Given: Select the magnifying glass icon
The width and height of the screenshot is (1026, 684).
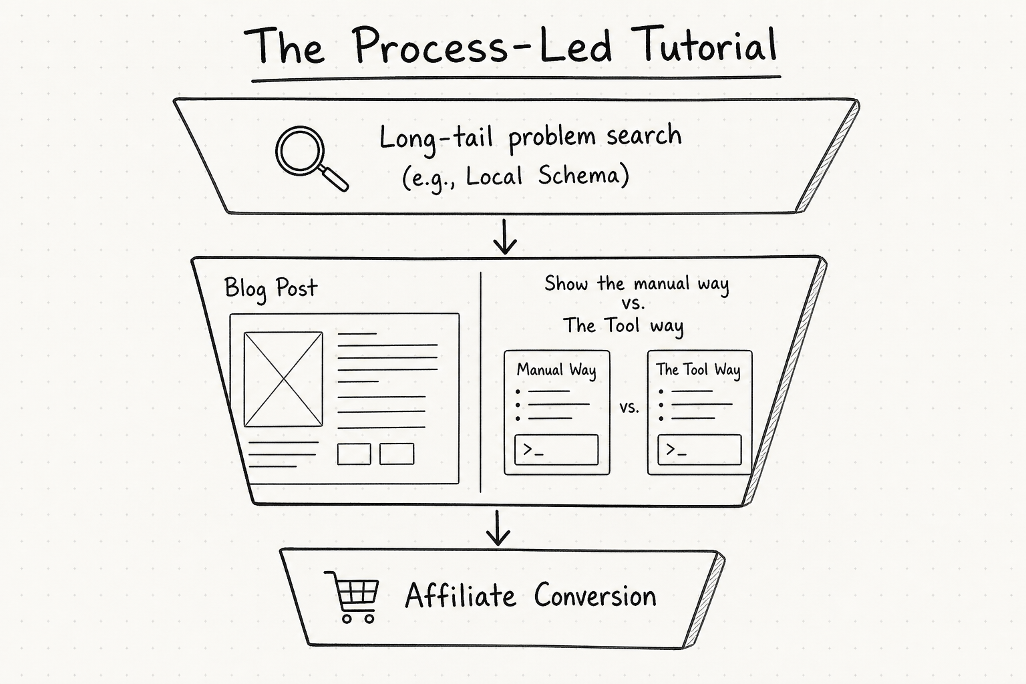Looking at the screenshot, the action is click(311, 158).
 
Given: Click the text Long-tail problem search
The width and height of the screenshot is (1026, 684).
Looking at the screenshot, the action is click(530, 136).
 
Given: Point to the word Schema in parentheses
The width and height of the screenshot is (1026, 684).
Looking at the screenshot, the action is click(578, 175).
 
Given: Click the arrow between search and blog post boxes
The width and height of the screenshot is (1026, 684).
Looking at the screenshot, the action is click(505, 236).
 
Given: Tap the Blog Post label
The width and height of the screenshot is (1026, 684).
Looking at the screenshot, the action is click(271, 288).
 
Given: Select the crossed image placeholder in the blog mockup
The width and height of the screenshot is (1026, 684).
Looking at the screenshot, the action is click(283, 379).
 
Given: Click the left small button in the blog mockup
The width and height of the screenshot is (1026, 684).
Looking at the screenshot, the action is click(354, 454).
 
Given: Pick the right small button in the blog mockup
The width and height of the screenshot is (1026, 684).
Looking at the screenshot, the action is click(397, 454).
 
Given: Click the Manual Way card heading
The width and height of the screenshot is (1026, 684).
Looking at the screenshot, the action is click(556, 369).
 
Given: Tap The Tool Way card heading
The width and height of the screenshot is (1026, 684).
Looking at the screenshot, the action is click(699, 369).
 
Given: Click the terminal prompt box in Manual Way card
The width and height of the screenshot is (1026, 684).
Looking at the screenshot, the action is click(556, 450).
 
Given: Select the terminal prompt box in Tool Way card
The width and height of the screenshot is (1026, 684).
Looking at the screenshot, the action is click(699, 450).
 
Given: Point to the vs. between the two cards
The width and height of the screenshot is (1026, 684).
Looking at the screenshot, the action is click(629, 407).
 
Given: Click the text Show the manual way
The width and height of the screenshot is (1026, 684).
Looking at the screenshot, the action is click(636, 284).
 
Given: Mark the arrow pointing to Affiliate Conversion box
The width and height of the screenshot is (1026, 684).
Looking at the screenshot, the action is click(498, 528).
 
